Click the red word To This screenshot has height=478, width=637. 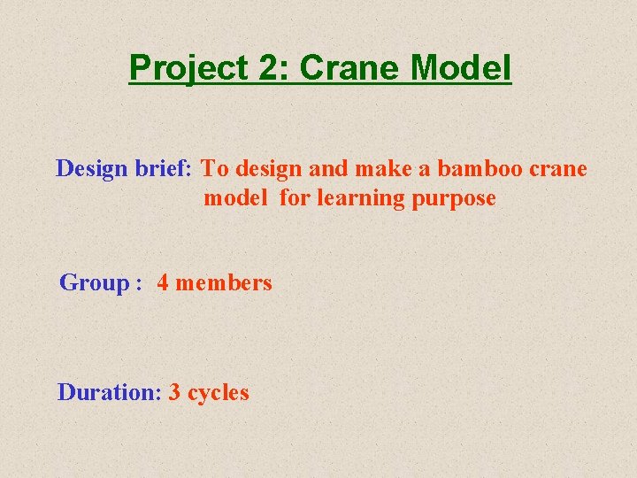pyautogui.click(x=216, y=168)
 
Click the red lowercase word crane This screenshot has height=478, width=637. pyautogui.click(x=559, y=169)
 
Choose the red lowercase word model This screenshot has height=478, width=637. pyautogui.click(x=234, y=198)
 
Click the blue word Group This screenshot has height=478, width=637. pyautogui.click(x=94, y=283)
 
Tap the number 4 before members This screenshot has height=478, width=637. pyautogui.click(x=164, y=283)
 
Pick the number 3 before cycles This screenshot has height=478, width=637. pyautogui.click(x=174, y=392)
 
